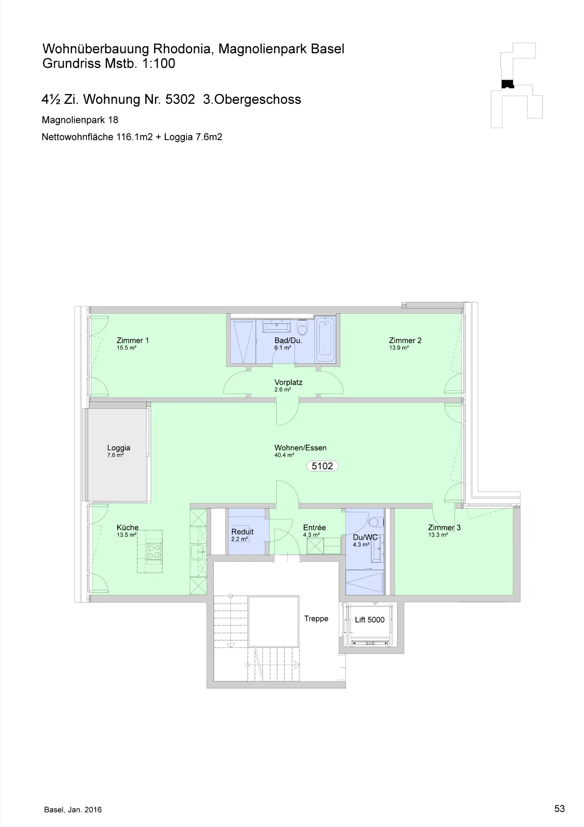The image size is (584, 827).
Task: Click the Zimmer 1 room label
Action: point(132,341)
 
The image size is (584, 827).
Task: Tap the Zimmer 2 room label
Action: point(405,341)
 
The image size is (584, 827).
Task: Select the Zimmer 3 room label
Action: point(444,528)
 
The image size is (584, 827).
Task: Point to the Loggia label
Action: point(118,448)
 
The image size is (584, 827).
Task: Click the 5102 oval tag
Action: point(322,466)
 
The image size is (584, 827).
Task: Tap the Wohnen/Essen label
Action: point(301,448)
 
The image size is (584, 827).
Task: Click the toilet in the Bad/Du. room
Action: point(302,328)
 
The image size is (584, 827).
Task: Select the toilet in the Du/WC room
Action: point(376,522)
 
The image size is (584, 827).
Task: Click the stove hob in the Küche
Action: point(154,552)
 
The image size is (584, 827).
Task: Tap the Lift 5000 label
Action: point(370,620)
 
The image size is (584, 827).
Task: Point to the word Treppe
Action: point(316,619)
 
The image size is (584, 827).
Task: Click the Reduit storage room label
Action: point(242,532)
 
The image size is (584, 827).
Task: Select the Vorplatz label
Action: point(288,382)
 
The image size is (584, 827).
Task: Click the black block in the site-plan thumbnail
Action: point(508,84)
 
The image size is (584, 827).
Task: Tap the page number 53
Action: point(559,808)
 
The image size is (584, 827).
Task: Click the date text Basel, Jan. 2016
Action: point(73,809)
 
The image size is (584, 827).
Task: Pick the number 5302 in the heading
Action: point(180,99)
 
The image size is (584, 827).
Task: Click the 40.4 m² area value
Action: point(284,455)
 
